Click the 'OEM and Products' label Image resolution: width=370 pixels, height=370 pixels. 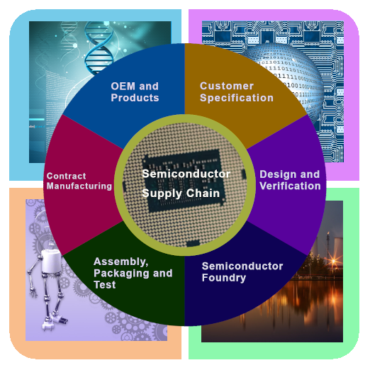coord(135,92)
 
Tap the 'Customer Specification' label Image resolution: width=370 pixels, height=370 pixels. coord(237,92)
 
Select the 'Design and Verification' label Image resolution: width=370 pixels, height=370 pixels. coord(290,180)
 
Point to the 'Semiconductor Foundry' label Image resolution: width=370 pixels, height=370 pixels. coord(242,271)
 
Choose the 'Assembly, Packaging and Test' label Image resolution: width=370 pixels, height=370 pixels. coord(133,273)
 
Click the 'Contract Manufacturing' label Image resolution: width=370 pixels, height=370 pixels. coord(79,181)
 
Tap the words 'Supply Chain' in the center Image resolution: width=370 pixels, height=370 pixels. coord(181,194)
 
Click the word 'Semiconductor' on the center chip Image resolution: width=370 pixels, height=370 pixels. coord(186,174)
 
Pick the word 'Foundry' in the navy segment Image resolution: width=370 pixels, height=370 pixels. coord(224,278)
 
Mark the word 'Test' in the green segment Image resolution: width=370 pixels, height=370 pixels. coord(105,285)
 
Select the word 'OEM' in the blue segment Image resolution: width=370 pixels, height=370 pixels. coord(123,86)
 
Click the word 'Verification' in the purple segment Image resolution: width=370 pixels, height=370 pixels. coord(290,186)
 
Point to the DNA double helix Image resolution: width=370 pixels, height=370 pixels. coord(98,47)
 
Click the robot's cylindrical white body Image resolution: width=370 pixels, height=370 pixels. coord(51,262)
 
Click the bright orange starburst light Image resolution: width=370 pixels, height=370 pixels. coord(334,261)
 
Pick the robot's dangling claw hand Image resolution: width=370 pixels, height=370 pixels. coord(33,293)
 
